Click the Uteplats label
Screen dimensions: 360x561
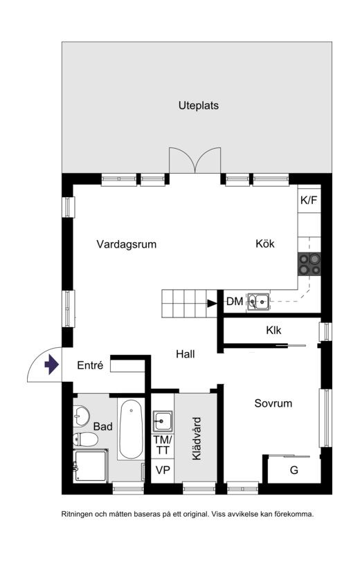(199, 106)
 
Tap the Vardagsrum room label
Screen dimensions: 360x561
(127, 244)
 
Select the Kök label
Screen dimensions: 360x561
(265, 243)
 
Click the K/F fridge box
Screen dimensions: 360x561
(309, 200)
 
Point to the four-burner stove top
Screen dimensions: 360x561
(309, 264)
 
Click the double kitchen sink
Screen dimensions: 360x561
(258, 301)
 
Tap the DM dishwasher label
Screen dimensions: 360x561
(235, 301)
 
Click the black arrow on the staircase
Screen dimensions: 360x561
(212, 304)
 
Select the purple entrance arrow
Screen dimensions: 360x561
(52, 365)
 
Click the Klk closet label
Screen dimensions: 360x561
(273, 330)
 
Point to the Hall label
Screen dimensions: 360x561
(186, 354)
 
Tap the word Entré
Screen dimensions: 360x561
(90, 365)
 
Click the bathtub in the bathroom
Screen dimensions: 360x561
(131, 429)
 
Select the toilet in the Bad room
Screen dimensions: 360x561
(85, 439)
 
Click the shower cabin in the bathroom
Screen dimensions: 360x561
(91, 466)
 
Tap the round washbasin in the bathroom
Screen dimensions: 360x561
(81, 416)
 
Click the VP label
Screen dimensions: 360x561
(163, 470)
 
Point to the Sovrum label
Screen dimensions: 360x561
(273, 403)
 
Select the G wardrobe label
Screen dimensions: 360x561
(294, 470)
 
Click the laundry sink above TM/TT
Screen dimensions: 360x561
(163, 421)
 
